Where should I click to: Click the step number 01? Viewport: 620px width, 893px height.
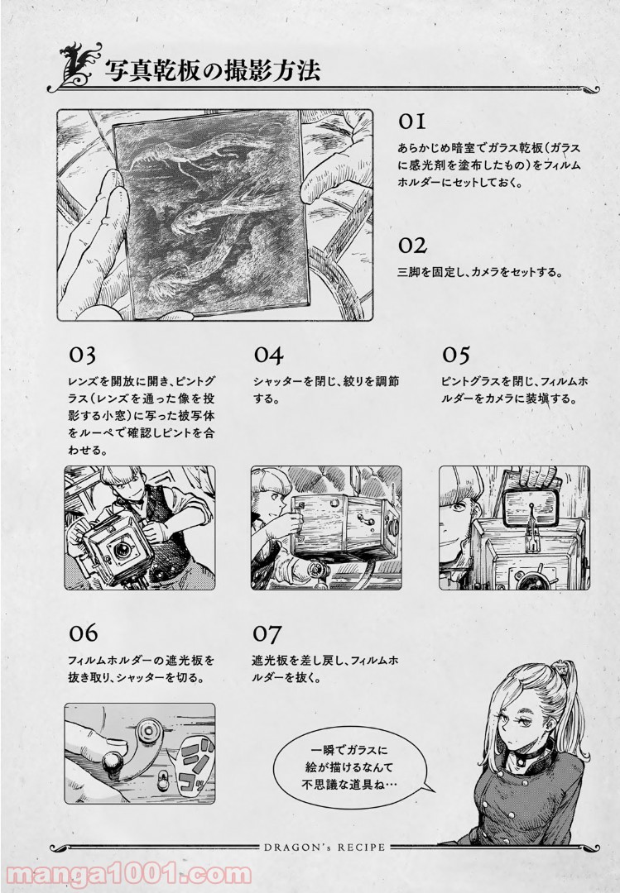(x=411, y=122)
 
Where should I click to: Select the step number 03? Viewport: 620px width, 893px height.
(x=82, y=355)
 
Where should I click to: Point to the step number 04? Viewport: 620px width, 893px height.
(x=269, y=355)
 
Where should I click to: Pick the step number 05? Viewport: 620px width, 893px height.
(x=456, y=355)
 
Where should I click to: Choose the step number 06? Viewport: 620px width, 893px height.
(x=84, y=633)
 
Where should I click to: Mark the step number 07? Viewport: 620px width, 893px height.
(x=267, y=633)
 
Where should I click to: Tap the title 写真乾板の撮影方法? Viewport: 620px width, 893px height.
(x=212, y=70)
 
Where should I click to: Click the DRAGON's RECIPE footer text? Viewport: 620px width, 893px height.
(x=324, y=847)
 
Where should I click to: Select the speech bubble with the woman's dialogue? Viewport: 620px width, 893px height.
(x=353, y=766)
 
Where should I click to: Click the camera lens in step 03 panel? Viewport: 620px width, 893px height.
(x=121, y=550)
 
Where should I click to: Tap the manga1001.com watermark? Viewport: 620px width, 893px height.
(x=126, y=876)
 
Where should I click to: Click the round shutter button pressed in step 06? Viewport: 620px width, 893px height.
(x=112, y=762)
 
